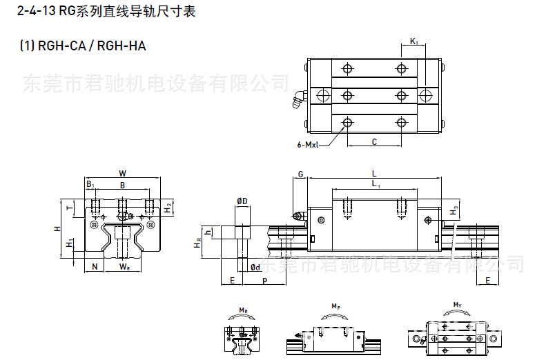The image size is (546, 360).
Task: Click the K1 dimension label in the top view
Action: [x=414, y=42]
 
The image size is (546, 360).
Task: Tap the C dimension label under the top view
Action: [x=373, y=142]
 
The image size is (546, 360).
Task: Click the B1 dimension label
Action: [x=90, y=185]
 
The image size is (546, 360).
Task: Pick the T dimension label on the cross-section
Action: [x=69, y=206]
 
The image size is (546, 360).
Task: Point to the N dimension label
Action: [x=94, y=266]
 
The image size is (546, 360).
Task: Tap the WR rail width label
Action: [x=124, y=266]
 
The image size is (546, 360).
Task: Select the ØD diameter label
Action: [x=242, y=201]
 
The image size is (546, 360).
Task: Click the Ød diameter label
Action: [x=255, y=267]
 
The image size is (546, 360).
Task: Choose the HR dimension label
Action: [x=198, y=243]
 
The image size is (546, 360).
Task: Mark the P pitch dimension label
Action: [x=264, y=281]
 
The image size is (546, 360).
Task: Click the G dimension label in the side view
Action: [x=300, y=174]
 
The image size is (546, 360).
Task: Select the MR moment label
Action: [x=243, y=311]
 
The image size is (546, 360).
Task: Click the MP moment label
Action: [x=335, y=305]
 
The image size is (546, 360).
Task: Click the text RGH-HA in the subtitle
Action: [x=121, y=46]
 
